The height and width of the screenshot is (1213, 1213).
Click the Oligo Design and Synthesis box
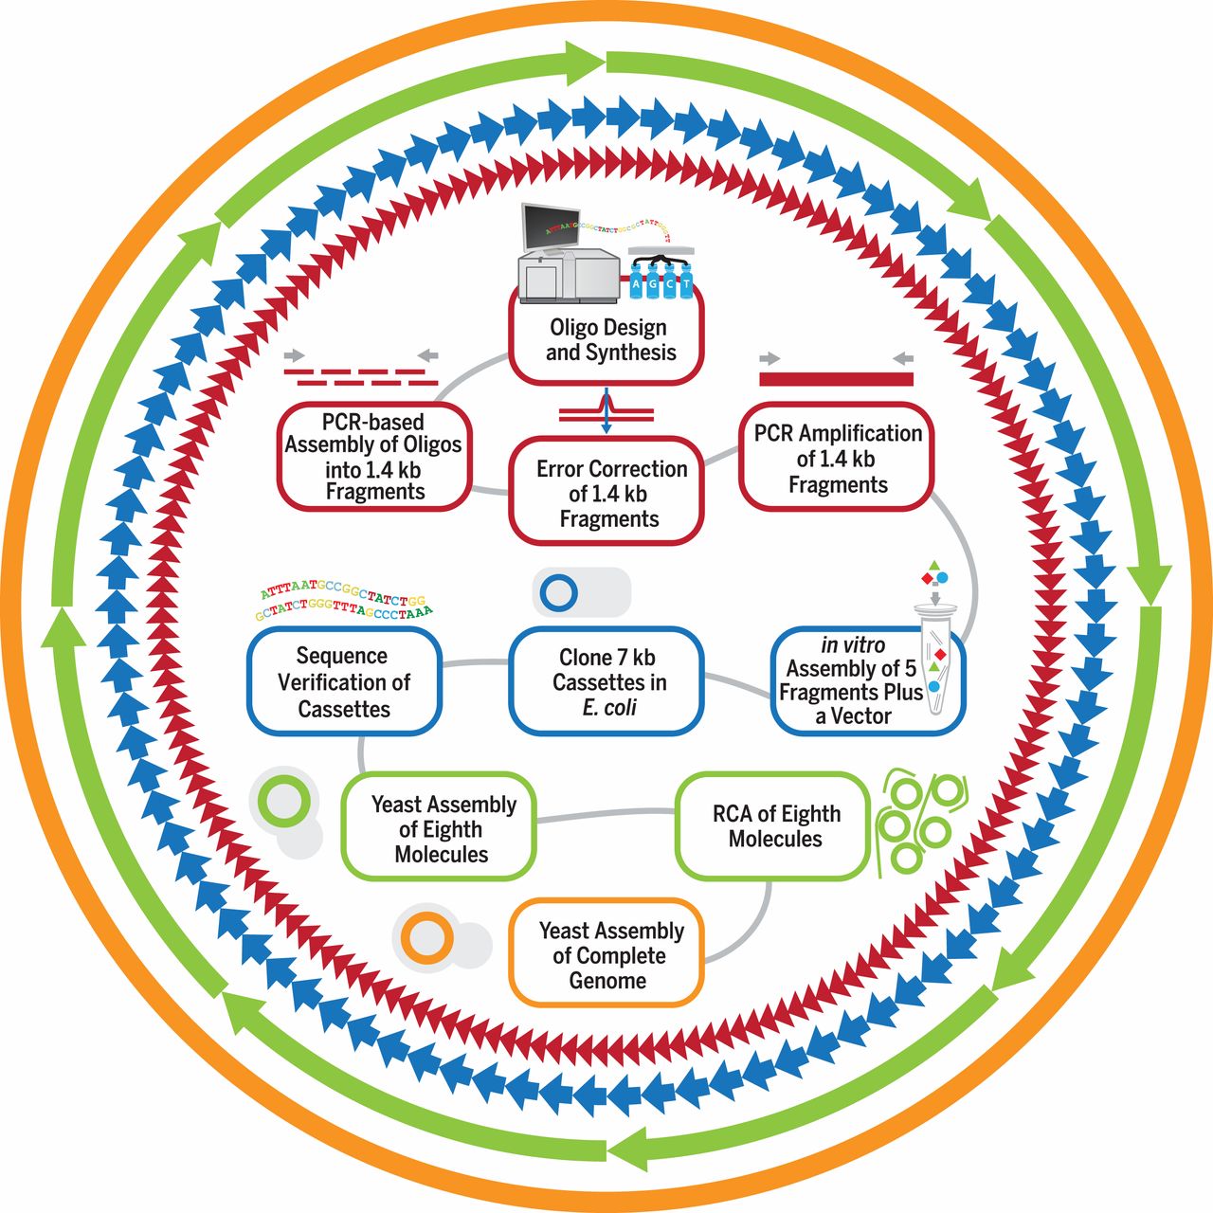tap(606, 339)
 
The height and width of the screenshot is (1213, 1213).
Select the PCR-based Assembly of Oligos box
tap(374, 457)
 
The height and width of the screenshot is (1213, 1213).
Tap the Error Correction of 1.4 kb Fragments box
tap(606, 493)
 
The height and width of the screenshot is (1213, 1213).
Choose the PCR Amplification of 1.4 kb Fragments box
tap(837, 459)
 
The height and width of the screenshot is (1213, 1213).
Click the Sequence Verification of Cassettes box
tap(344, 681)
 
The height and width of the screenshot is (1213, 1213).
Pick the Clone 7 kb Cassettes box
tap(606, 681)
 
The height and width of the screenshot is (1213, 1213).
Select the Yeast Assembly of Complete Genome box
tap(606, 954)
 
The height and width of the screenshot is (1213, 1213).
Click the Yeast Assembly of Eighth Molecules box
tap(440, 828)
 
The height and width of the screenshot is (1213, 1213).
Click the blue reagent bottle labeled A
tap(638, 283)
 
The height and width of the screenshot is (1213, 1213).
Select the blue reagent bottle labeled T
tap(685, 283)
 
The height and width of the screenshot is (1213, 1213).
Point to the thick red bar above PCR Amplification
tap(837, 380)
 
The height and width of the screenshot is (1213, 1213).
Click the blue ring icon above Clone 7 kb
tap(558, 593)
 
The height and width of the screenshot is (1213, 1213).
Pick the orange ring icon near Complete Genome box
tap(426, 937)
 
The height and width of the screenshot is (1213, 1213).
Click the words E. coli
tap(609, 708)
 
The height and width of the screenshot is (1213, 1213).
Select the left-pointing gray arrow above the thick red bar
tap(903, 358)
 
